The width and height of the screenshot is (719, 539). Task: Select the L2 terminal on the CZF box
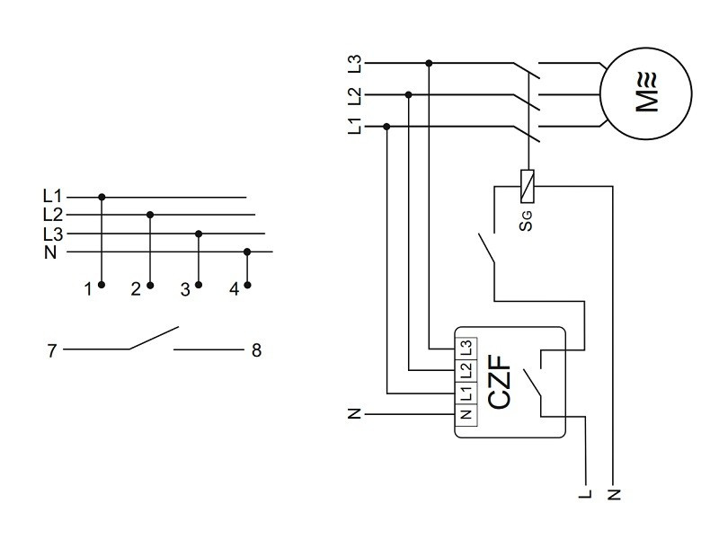pos(466,369)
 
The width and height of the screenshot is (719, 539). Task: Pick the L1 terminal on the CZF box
pos(466,393)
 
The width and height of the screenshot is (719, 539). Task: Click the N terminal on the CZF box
pos(466,414)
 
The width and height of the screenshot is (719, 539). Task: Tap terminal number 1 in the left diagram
pos(88,289)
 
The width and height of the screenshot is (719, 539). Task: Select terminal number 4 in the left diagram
pos(234,289)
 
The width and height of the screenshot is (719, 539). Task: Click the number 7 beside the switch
pos(52,350)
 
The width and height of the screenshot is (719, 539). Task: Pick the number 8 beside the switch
pos(256,350)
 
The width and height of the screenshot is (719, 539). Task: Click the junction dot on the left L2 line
pos(150,215)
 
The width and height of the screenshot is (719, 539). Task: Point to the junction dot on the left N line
pos(247,252)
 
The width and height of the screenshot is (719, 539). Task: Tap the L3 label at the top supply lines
pos(355,64)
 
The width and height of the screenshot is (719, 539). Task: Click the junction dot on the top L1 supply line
pos(387,127)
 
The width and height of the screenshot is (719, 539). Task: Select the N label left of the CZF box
pos(355,415)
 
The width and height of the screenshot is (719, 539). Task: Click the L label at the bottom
pos(585,493)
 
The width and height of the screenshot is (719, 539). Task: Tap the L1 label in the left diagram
pos(53,196)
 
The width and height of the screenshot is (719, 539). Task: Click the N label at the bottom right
pos(615,493)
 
